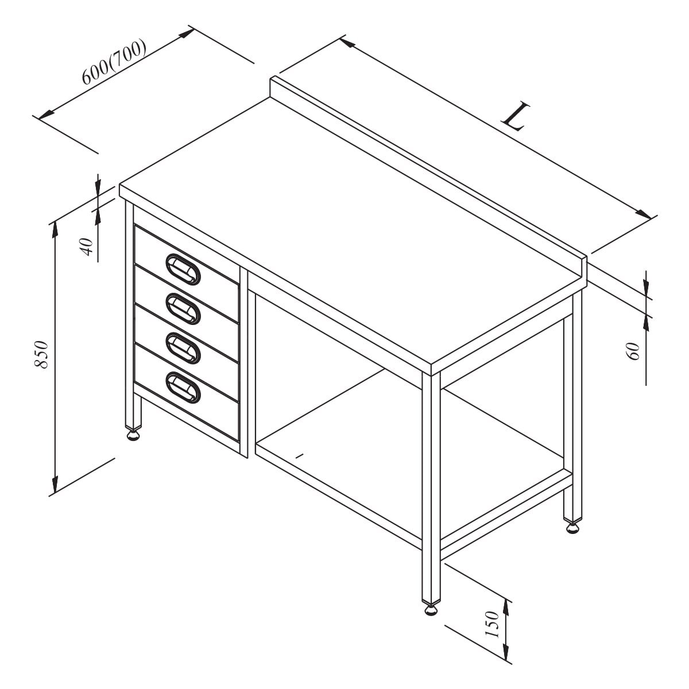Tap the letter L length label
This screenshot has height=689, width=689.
(515, 117)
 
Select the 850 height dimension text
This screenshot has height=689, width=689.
(41, 355)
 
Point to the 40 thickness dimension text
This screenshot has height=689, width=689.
(87, 247)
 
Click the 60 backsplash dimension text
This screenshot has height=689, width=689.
(632, 351)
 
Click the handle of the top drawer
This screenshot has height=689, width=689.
(183, 269)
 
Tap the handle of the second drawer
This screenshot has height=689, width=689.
(183, 309)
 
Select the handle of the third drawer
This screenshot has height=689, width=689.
(183, 349)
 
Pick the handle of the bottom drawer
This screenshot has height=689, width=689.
(183, 388)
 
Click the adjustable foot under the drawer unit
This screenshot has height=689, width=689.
(133, 435)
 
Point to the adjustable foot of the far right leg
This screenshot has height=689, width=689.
(572, 528)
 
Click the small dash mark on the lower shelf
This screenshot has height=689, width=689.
(300, 455)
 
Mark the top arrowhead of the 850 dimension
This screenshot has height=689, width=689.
(55, 230)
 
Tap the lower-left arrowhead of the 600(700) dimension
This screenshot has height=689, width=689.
(46, 115)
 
